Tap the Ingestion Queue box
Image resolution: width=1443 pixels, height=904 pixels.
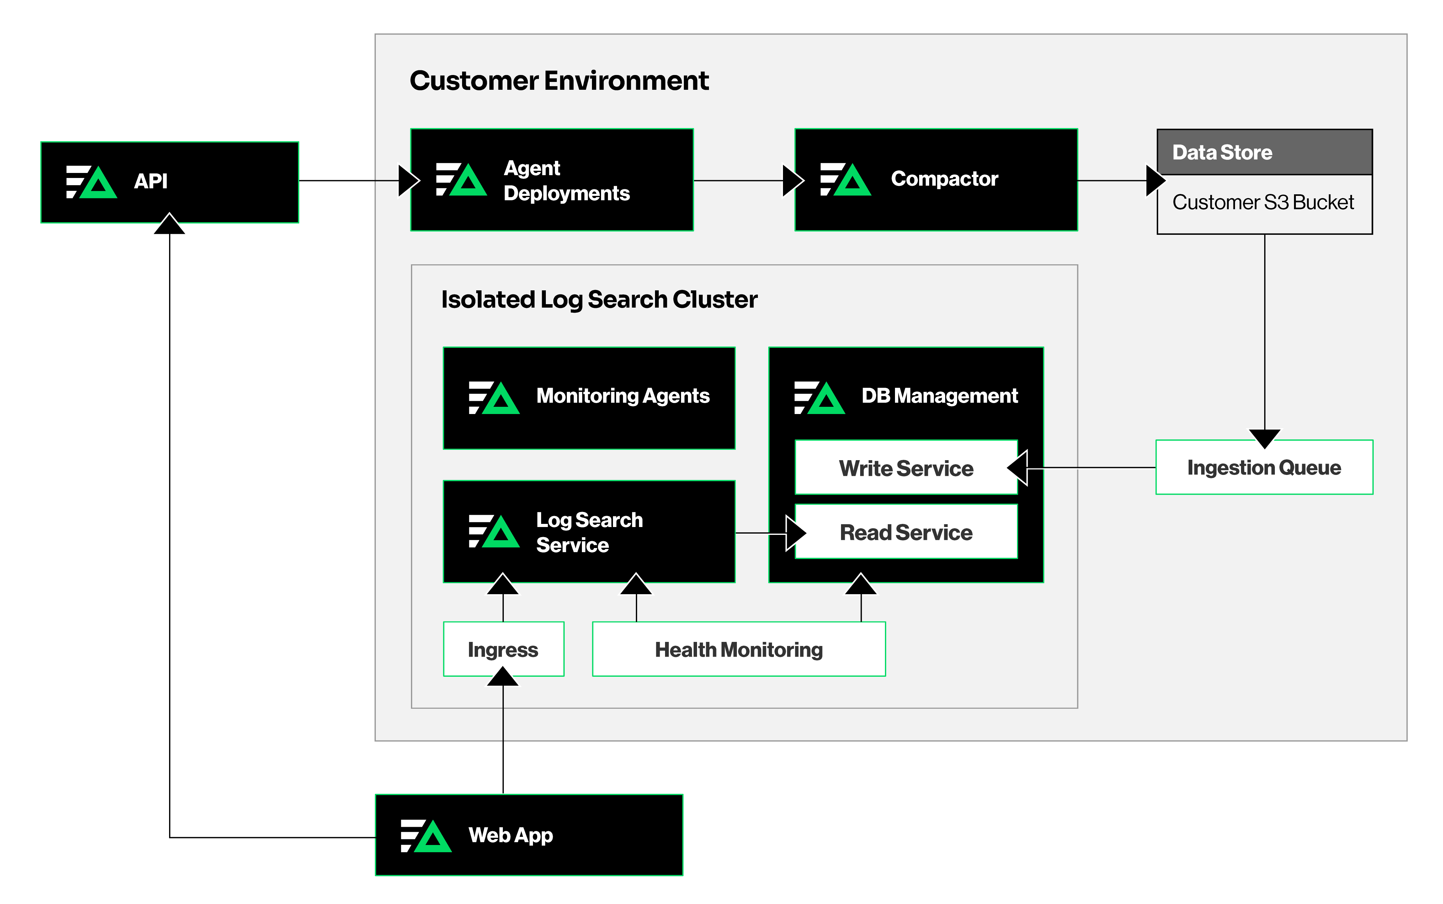[1264, 468]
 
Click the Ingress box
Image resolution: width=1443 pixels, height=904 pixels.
[503, 649]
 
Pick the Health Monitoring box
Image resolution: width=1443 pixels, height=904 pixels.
[738, 649]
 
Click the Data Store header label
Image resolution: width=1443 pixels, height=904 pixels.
[1222, 153]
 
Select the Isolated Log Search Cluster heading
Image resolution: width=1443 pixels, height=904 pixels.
[599, 299]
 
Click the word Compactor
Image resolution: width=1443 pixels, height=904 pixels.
[944, 179]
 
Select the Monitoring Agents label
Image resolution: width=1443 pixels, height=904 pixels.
[623, 396]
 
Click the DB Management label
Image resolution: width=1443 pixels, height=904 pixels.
[939, 396]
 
